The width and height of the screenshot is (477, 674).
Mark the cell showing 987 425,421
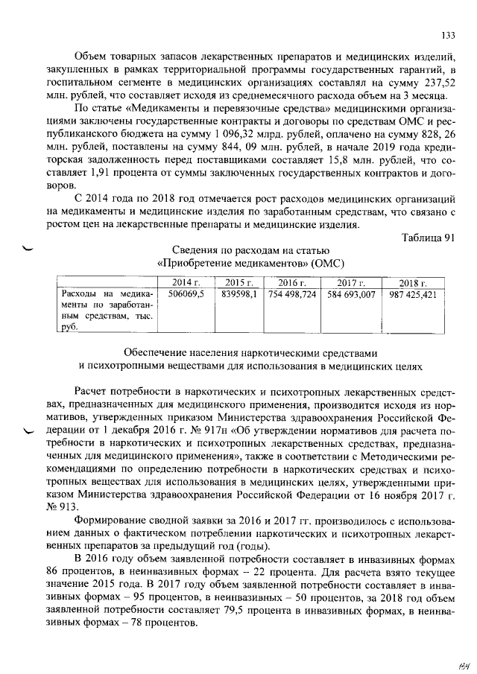point(412,295)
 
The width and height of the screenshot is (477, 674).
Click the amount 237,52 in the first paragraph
point(438,83)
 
